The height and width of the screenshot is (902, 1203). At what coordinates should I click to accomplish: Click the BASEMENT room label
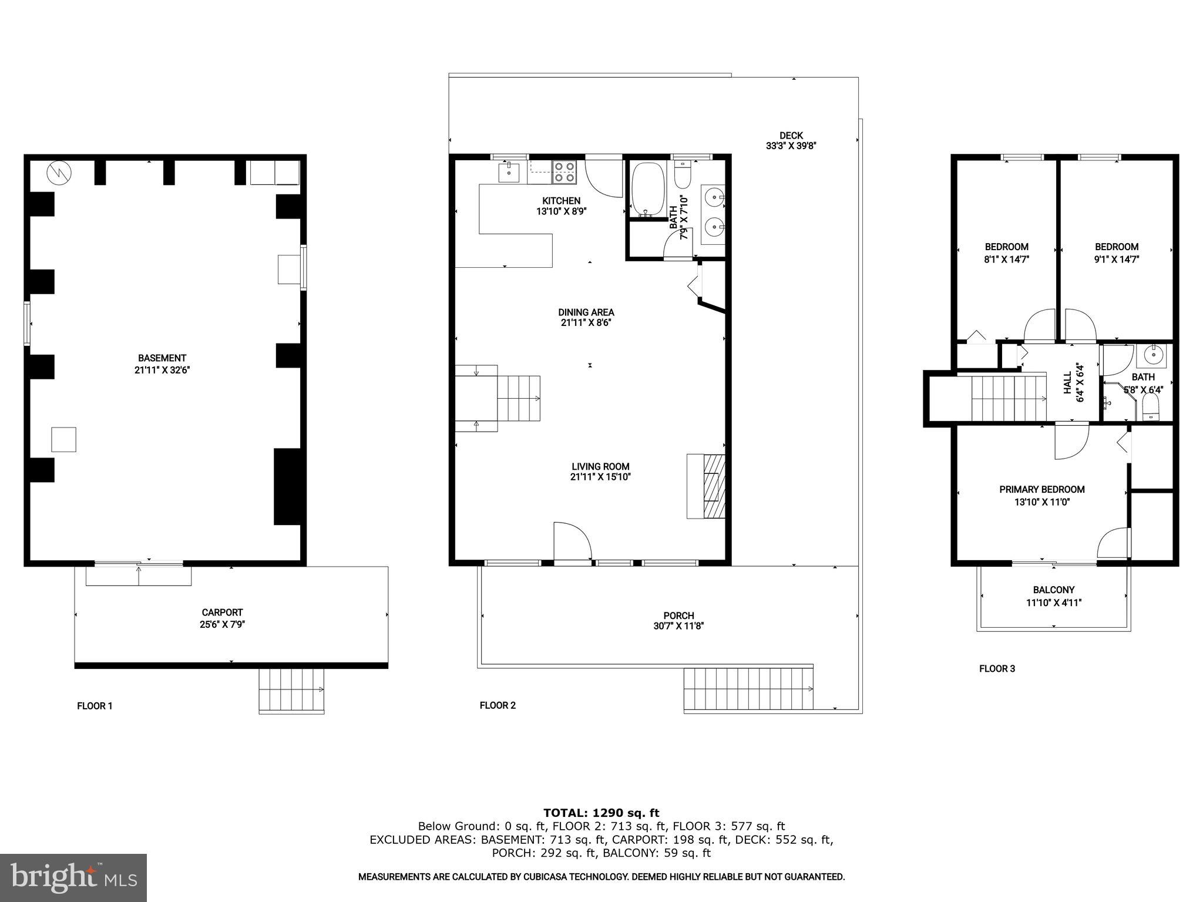pyautogui.click(x=162, y=358)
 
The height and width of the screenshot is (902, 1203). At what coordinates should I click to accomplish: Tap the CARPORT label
pyautogui.click(x=222, y=612)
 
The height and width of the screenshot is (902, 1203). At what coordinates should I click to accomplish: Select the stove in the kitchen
pyautogui.click(x=564, y=171)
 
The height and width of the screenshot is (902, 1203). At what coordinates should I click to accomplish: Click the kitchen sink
pyautogui.click(x=509, y=172)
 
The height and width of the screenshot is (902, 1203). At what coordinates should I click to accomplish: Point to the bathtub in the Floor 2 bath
pyautogui.click(x=647, y=188)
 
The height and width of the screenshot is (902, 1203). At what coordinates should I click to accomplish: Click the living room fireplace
pyautogui.click(x=706, y=486)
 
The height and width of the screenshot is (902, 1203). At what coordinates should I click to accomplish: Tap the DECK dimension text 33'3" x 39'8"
pyautogui.click(x=791, y=146)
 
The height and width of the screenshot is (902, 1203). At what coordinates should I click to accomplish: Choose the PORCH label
pyautogui.click(x=679, y=616)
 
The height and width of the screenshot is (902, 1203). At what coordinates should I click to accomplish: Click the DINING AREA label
pyautogui.click(x=586, y=312)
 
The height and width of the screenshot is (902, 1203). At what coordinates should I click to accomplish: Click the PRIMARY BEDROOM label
pyautogui.click(x=1042, y=489)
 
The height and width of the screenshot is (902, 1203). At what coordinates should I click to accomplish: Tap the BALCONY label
pyautogui.click(x=1054, y=590)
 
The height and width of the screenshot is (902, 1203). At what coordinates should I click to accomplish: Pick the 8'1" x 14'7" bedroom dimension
pyautogui.click(x=1007, y=259)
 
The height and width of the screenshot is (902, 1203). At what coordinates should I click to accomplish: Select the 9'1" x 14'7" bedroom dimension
pyautogui.click(x=1117, y=259)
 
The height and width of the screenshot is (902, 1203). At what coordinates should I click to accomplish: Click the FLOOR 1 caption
pyautogui.click(x=95, y=706)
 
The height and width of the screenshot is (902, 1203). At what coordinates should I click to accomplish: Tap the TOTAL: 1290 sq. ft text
pyautogui.click(x=601, y=813)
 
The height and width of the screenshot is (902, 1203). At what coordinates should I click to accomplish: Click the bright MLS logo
pyautogui.click(x=73, y=878)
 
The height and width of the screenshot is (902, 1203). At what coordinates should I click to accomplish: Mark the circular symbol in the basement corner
pyautogui.click(x=59, y=171)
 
